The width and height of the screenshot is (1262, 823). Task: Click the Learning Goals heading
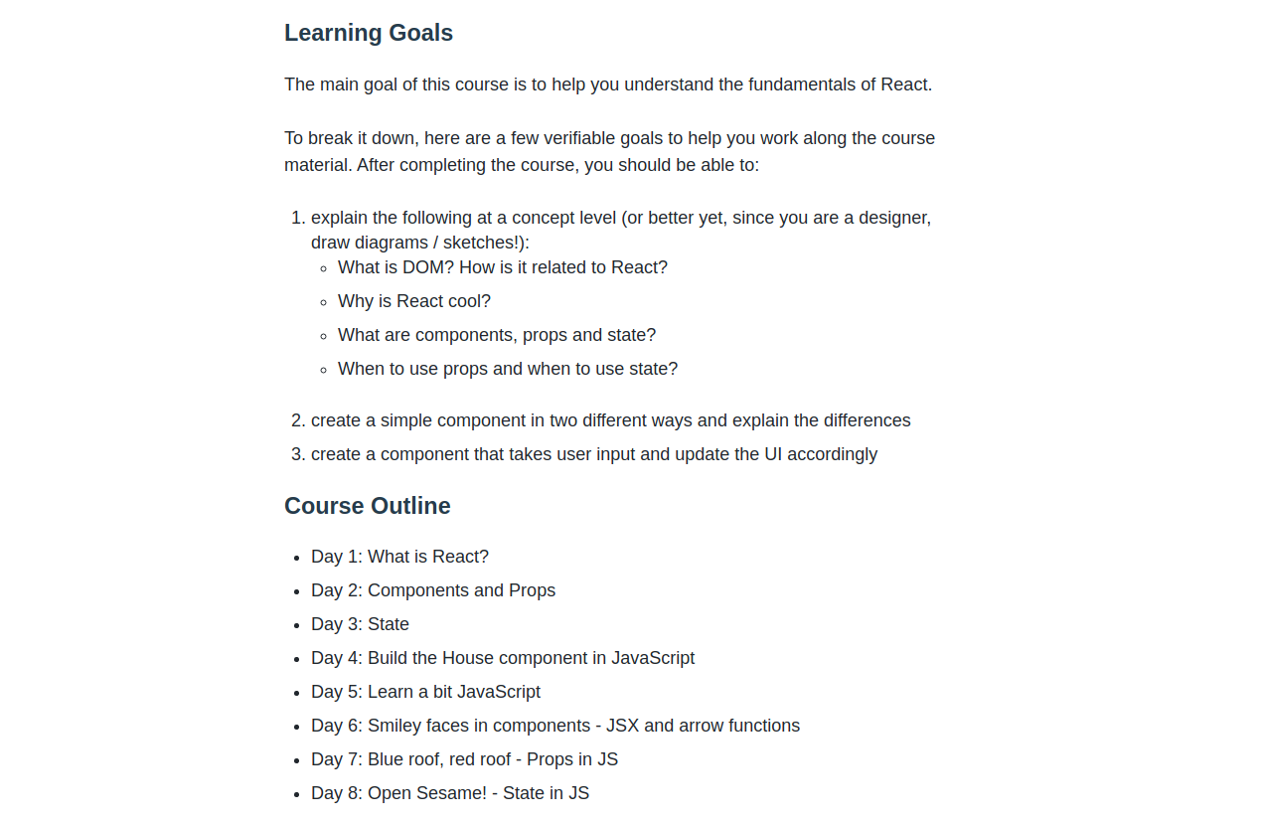[369, 33]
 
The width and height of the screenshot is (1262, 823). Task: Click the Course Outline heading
[368, 506]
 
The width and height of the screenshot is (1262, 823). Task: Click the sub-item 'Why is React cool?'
[414, 301]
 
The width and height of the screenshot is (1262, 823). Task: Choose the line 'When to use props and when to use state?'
[508, 369]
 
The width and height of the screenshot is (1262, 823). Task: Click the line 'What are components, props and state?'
[497, 335]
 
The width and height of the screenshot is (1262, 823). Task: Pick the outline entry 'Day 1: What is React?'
[399, 557]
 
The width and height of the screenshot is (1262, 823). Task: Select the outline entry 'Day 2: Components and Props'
[433, 590]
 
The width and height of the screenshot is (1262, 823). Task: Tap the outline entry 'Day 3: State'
[360, 624]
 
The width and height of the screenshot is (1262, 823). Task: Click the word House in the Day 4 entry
[467, 658]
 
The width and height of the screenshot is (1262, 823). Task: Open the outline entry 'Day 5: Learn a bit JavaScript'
[425, 692]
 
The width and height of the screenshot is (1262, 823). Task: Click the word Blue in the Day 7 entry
[386, 759]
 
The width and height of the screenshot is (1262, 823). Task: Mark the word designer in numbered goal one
[893, 218]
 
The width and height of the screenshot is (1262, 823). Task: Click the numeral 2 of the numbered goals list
[297, 420]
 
